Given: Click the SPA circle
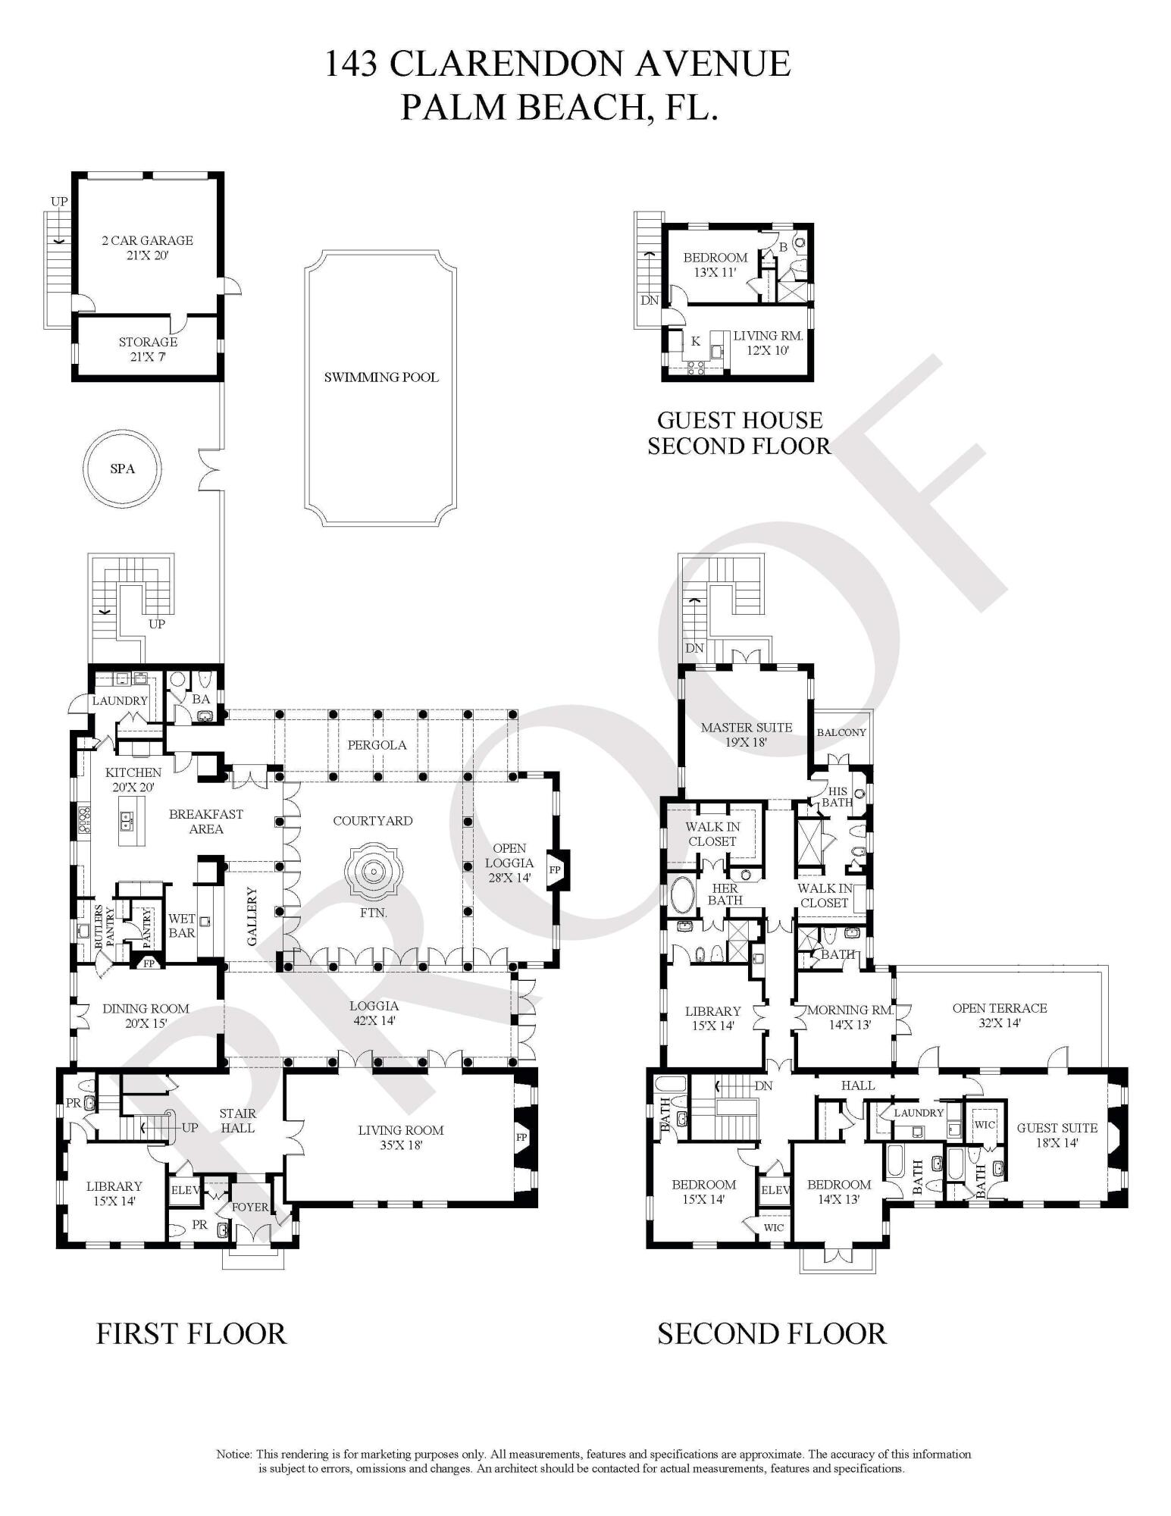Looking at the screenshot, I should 122,468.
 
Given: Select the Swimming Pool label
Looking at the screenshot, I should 381,377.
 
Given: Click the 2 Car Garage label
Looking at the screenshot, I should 147,248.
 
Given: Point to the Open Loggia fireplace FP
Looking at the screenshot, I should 556,869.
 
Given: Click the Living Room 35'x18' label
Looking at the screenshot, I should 401,1137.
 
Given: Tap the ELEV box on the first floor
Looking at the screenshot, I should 185,1191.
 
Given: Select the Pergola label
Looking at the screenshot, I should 377,744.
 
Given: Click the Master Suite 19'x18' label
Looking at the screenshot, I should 746,735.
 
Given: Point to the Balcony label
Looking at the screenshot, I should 841,732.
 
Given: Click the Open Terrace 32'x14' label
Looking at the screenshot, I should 999,1015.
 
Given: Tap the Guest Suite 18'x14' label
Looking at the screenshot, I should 1057,1135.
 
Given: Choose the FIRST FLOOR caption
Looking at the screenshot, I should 191,1333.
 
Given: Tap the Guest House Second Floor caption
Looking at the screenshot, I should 739,432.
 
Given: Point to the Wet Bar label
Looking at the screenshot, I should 182,926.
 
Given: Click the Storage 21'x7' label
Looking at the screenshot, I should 148,349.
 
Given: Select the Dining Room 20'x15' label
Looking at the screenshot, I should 146,1015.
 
